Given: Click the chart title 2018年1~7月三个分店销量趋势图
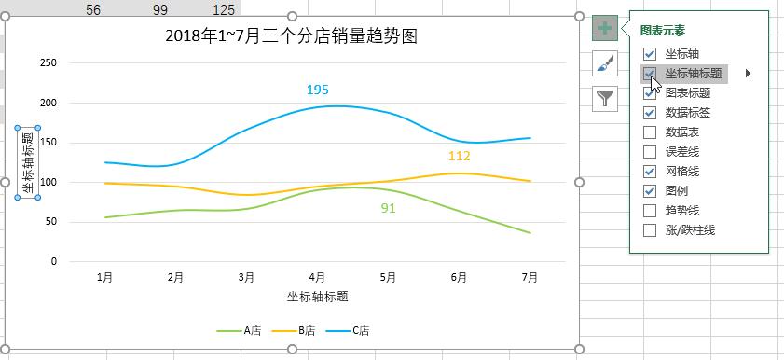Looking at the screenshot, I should click(290, 37).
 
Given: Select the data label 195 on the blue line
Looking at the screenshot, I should click(318, 90).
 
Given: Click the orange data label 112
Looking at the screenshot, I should click(459, 156).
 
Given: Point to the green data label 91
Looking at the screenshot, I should click(388, 208).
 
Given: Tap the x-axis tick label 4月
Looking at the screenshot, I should click(318, 277).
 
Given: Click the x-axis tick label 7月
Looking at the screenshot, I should click(530, 277).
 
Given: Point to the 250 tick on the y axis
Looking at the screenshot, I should click(48, 63).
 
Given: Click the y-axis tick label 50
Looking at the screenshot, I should click(51, 222).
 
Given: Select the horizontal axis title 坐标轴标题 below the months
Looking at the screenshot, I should click(318, 297).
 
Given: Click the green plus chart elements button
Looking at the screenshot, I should click(604, 28).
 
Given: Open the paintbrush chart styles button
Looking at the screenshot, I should click(604, 62).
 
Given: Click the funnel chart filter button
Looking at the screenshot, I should click(604, 97).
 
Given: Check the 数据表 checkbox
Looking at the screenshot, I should click(650, 132).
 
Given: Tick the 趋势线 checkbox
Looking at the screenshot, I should click(650, 211).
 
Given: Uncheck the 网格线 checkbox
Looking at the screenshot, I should click(650, 172).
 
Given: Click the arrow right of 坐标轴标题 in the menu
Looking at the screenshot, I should click(748, 74).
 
